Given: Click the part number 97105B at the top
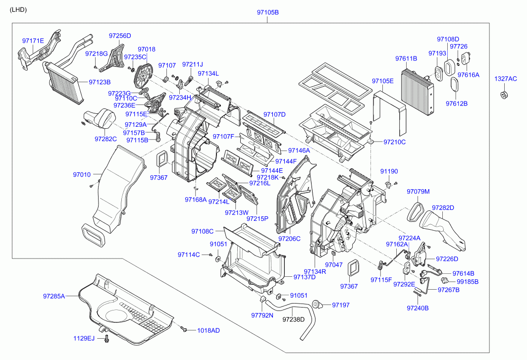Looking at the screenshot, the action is click(268, 12).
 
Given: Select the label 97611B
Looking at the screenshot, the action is click(406, 58).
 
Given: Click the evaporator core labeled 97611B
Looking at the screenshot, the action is click(417, 92).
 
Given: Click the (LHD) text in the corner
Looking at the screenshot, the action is click(18, 10).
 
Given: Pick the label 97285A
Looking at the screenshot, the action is click(54, 296).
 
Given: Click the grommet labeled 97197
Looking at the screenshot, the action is click(317, 305).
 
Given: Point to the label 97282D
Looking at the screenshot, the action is click(443, 208).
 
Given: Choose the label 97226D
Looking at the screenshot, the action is click(447, 259).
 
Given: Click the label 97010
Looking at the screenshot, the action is click(82, 174).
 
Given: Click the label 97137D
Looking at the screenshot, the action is click(305, 277).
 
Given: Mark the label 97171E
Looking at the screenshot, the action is click(33, 41).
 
